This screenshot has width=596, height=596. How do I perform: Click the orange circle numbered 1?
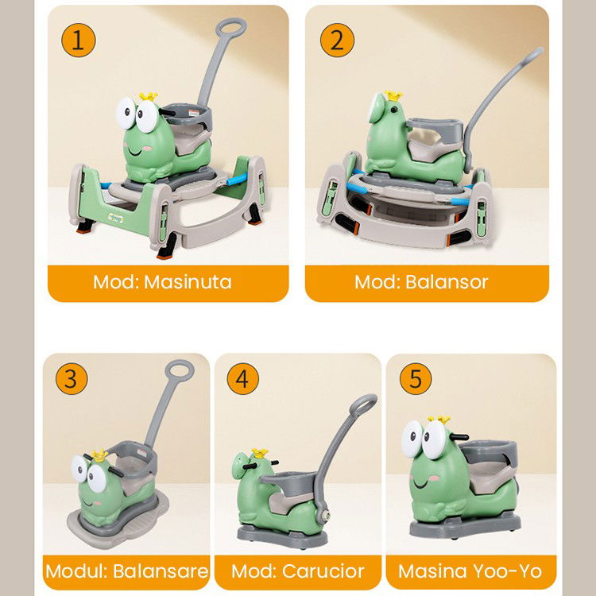(77, 41)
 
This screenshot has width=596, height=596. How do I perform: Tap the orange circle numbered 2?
(337, 41)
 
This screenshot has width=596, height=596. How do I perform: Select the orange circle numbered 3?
(71, 379)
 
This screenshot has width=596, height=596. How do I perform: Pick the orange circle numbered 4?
(242, 379)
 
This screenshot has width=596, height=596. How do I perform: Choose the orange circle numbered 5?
(415, 379)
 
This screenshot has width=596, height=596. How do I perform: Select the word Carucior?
(324, 571)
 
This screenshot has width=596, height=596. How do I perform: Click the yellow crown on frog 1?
(149, 97)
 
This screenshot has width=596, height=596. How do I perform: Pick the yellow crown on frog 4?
(257, 453)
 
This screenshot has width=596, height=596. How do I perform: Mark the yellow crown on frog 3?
(99, 455)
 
